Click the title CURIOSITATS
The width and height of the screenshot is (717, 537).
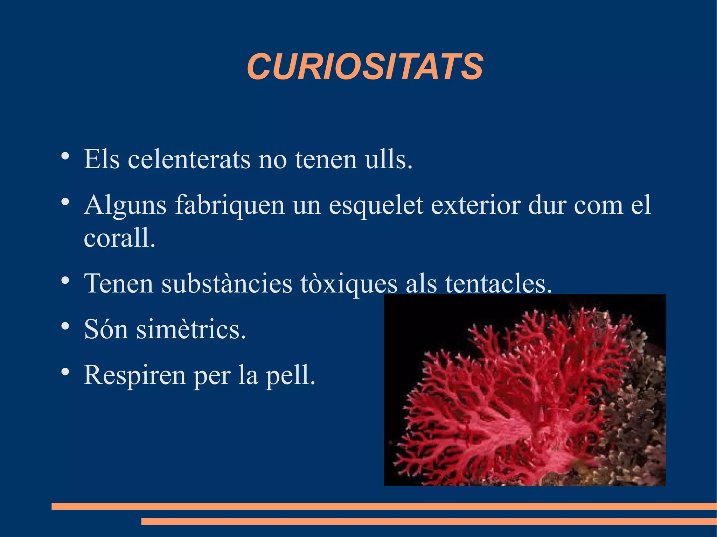pos(365,66)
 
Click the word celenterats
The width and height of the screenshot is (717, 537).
pos(189,160)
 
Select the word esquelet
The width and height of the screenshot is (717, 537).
pos(376,205)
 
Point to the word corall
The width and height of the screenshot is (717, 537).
pos(119,238)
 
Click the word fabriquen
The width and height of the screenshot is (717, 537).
pos(230,205)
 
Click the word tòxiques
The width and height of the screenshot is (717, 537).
pos(349,283)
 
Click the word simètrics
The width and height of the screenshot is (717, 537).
pos(191,330)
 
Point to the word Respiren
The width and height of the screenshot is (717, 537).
pos(135,375)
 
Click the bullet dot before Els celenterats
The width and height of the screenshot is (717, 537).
pos(65,156)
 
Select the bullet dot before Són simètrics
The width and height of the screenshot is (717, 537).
pos(65,326)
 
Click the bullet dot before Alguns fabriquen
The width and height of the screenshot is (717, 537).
pos(65,202)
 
